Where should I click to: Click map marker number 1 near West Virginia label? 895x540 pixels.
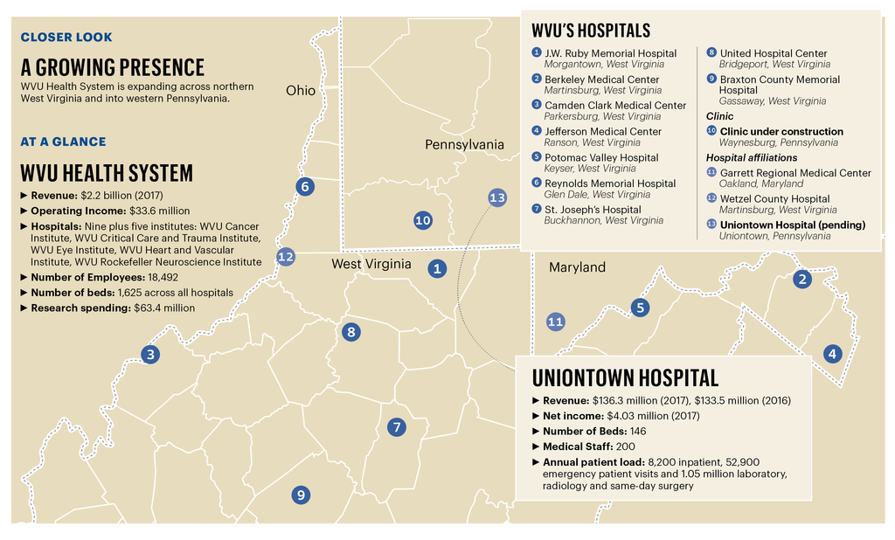click(437, 268)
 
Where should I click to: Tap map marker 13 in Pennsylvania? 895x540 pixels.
click(497, 197)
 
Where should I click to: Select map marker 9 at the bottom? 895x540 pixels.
click(301, 495)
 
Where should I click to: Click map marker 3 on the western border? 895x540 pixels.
click(150, 354)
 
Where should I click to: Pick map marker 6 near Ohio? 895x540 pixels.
click(304, 186)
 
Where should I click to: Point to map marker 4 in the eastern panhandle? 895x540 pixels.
click(832, 354)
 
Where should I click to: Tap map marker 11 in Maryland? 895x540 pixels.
click(555, 322)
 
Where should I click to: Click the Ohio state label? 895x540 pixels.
click(301, 90)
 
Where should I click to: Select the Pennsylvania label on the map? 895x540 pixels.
click(464, 144)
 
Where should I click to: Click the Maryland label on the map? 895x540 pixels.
click(577, 267)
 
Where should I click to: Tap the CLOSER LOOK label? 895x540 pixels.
click(66, 37)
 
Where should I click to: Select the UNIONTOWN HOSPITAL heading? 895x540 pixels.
click(625, 377)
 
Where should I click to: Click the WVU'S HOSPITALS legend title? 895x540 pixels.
click(591, 31)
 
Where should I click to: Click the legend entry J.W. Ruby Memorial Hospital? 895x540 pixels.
click(610, 53)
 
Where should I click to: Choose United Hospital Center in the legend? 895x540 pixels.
click(773, 53)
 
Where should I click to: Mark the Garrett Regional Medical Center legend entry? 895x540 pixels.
click(794, 173)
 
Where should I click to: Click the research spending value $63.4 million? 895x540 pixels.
click(164, 308)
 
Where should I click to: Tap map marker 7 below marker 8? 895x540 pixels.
click(397, 426)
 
